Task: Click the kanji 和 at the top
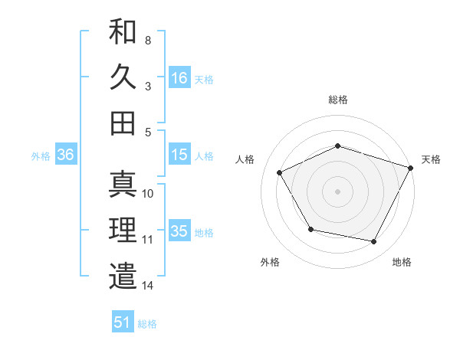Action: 123,32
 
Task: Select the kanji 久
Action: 123,77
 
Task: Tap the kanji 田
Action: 123,123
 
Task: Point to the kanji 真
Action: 123,184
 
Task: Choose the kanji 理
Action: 123,230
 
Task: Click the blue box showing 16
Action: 179,77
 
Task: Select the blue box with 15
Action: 179,155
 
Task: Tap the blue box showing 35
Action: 179,231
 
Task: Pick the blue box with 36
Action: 65,155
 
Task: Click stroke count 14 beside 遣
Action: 148,286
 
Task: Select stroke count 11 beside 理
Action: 148,240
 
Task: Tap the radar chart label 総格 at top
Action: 337,100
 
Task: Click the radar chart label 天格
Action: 431,159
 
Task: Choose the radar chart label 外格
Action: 270,262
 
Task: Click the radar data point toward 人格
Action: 280,173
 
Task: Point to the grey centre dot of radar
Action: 337,191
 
